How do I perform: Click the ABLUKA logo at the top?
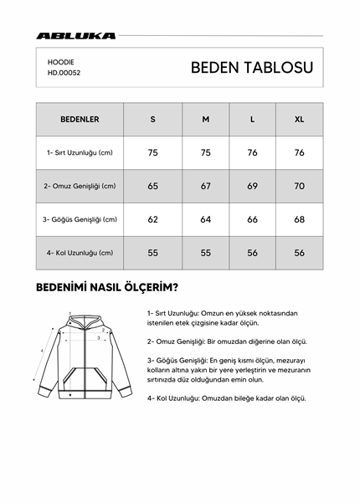76,36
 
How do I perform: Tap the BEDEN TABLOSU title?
252,68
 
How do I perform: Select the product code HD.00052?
64,73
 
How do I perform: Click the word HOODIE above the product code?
61,61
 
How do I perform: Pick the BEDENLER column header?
80,119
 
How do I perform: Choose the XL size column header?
299,119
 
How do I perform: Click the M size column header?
205,119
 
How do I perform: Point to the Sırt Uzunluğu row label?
80,153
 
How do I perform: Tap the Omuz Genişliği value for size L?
252,186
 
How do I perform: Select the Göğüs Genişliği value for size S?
152,219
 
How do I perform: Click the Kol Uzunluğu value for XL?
299,253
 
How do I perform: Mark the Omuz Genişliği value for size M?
205,186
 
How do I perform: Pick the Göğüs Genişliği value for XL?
299,219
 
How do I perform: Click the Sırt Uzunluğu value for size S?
152,153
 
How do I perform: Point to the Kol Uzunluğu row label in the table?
80,253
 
